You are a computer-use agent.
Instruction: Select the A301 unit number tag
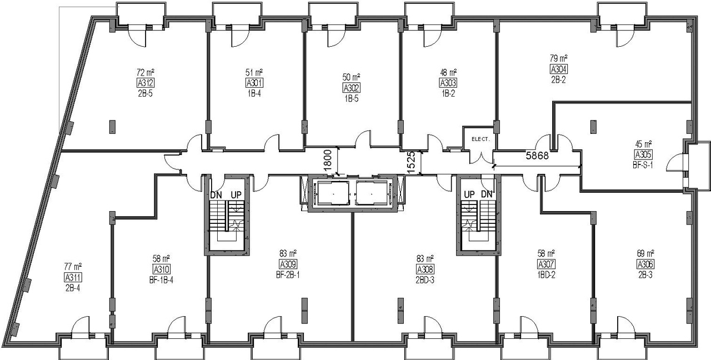point(254,83)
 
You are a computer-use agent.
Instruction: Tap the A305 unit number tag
point(643,155)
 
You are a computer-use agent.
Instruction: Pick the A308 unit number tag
point(425,269)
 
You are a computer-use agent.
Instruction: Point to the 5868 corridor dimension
point(537,156)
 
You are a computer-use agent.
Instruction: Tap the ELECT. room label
point(480,139)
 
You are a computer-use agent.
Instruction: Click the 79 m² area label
point(558,58)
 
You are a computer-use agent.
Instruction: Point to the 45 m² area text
point(643,144)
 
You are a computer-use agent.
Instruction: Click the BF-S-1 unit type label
point(643,166)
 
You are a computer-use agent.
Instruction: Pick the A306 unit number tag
point(645,264)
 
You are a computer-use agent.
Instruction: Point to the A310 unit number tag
point(161,269)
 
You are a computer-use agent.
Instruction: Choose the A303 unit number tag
point(448,83)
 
